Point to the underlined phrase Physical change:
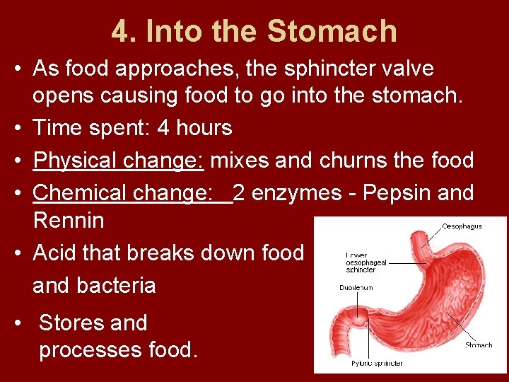pyautogui.click(x=119, y=161)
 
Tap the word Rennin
pyautogui.click(x=69, y=221)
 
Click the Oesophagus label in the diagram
pyautogui.click(x=462, y=226)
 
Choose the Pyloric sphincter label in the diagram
pyautogui.click(x=378, y=364)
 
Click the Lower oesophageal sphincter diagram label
pyautogui.click(x=365, y=262)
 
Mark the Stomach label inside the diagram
pyautogui.click(x=479, y=345)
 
